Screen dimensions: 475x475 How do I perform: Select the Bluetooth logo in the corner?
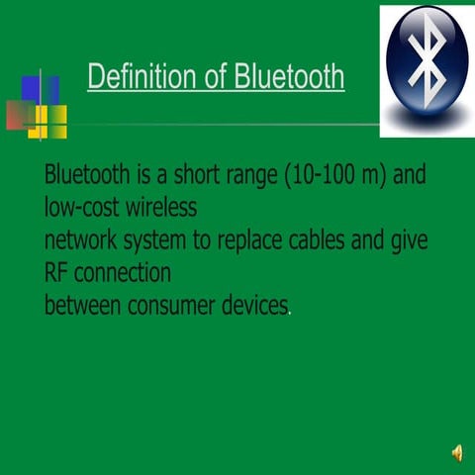click(427, 67)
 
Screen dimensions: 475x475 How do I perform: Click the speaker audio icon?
click(456, 452)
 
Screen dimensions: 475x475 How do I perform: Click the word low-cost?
click(86, 209)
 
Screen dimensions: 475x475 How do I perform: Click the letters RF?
click(56, 272)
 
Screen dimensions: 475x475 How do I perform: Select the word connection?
click(121, 272)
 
